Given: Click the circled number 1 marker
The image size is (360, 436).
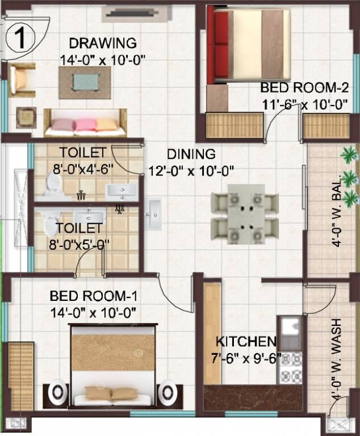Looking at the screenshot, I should click(x=20, y=37).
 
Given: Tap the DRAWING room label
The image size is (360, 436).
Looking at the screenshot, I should click(x=103, y=43).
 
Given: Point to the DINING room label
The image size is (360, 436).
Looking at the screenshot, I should click(x=191, y=154).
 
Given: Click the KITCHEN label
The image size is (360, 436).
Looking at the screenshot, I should click(x=245, y=342).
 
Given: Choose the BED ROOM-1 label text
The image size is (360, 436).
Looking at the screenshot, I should click(x=93, y=296).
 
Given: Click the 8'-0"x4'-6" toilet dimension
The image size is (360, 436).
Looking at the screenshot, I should click(x=84, y=167).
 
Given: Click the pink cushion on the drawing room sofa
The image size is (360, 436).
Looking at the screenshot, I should click(x=85, y=125).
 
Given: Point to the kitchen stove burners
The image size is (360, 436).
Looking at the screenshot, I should click(x=291, y=368).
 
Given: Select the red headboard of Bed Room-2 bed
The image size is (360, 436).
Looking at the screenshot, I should click(x=219, y=44).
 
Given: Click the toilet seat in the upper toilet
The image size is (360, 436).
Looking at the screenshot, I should click(x=53, y=183).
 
